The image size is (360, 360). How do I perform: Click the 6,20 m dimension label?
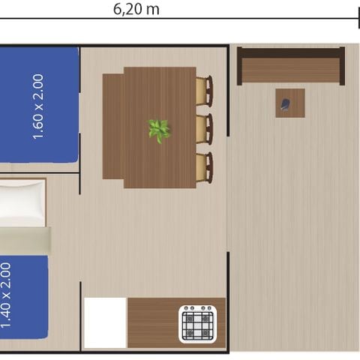135,9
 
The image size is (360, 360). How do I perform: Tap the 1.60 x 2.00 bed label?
38,106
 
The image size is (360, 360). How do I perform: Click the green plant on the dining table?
159,130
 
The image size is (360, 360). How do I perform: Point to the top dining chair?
204,91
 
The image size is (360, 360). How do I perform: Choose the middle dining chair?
204,128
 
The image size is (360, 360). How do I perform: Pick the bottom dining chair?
204,166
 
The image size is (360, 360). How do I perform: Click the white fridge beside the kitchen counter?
105,322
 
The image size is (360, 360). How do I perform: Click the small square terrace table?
290,103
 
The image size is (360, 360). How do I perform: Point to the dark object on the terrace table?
286,105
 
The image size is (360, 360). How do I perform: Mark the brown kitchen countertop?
154,322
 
